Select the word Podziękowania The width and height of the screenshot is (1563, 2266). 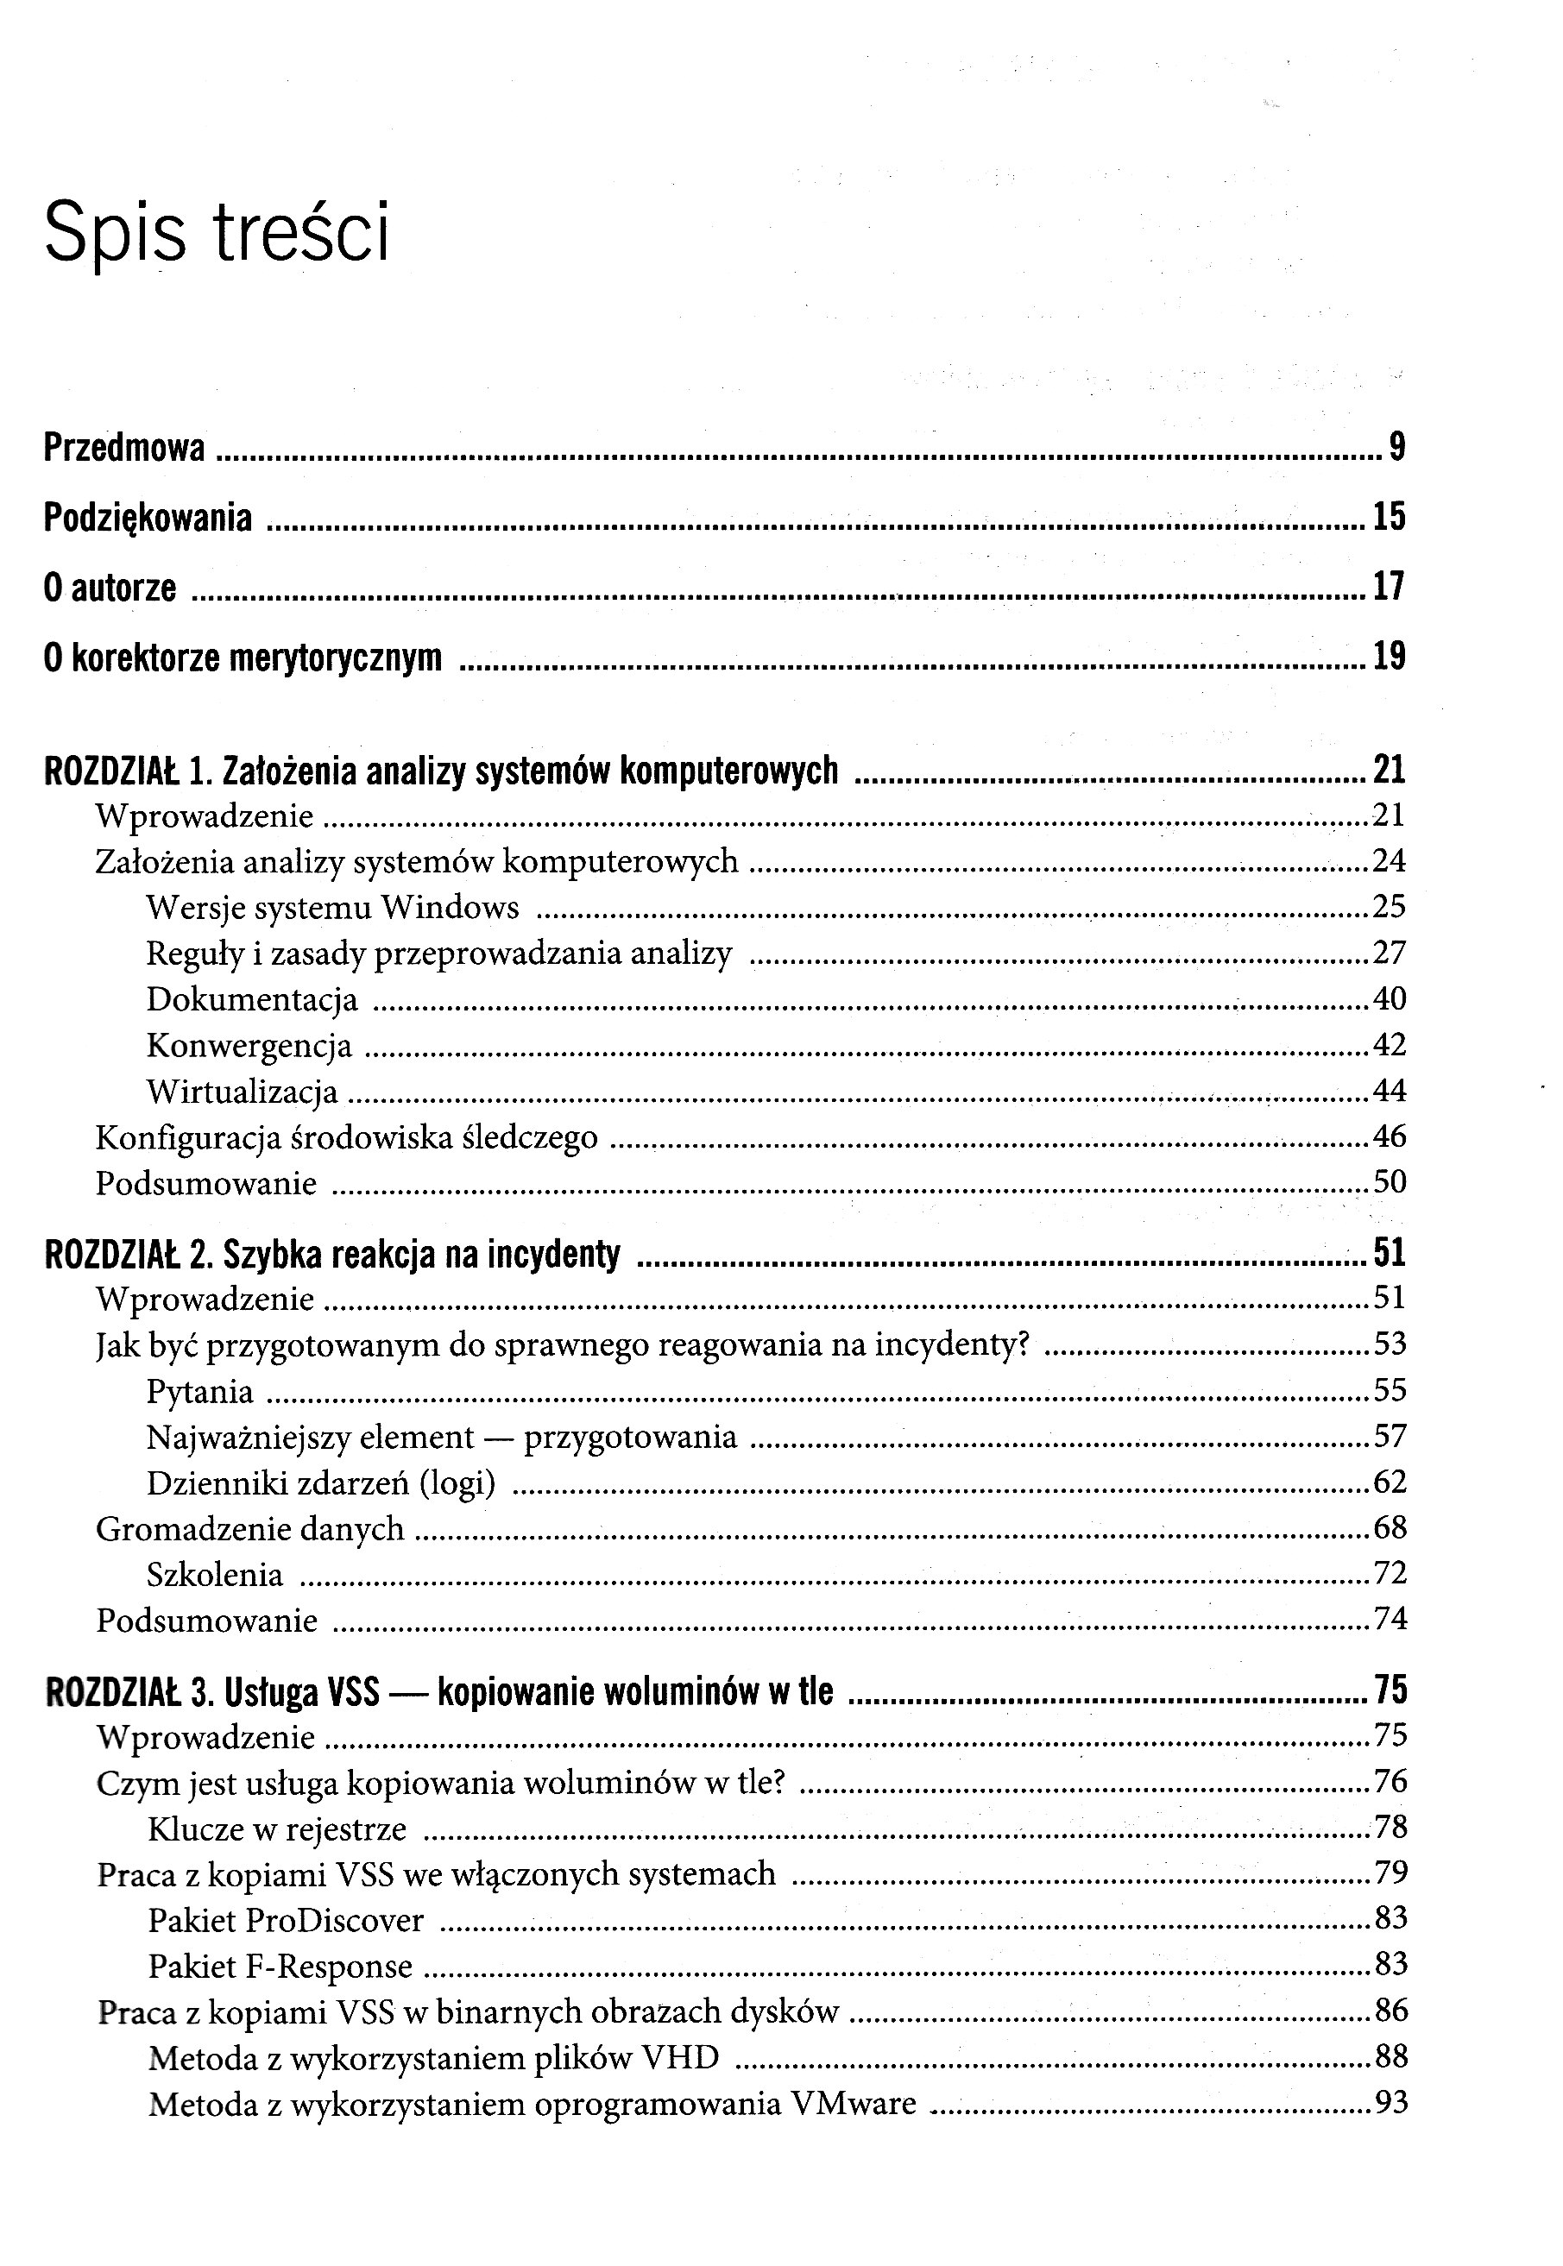click(148, 518)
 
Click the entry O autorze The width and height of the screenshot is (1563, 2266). click(110, 588)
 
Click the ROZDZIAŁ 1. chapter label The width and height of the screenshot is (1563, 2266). click(129, 771)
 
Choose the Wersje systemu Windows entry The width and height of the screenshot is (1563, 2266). click(332, 907)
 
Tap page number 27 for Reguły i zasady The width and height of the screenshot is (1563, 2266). click(1390, 953)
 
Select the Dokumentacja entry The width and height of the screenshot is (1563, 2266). click(252, 999)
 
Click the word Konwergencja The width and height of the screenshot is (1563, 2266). click(249, 1045)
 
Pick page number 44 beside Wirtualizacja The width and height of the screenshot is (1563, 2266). click(1390, 1090)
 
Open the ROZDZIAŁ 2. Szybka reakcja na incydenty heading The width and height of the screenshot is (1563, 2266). click(332, 1255)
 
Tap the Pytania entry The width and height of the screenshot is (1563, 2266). click(199, 1392)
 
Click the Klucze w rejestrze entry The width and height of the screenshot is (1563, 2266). click(277, 1829)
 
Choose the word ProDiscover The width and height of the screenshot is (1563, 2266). click(334, 1920)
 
